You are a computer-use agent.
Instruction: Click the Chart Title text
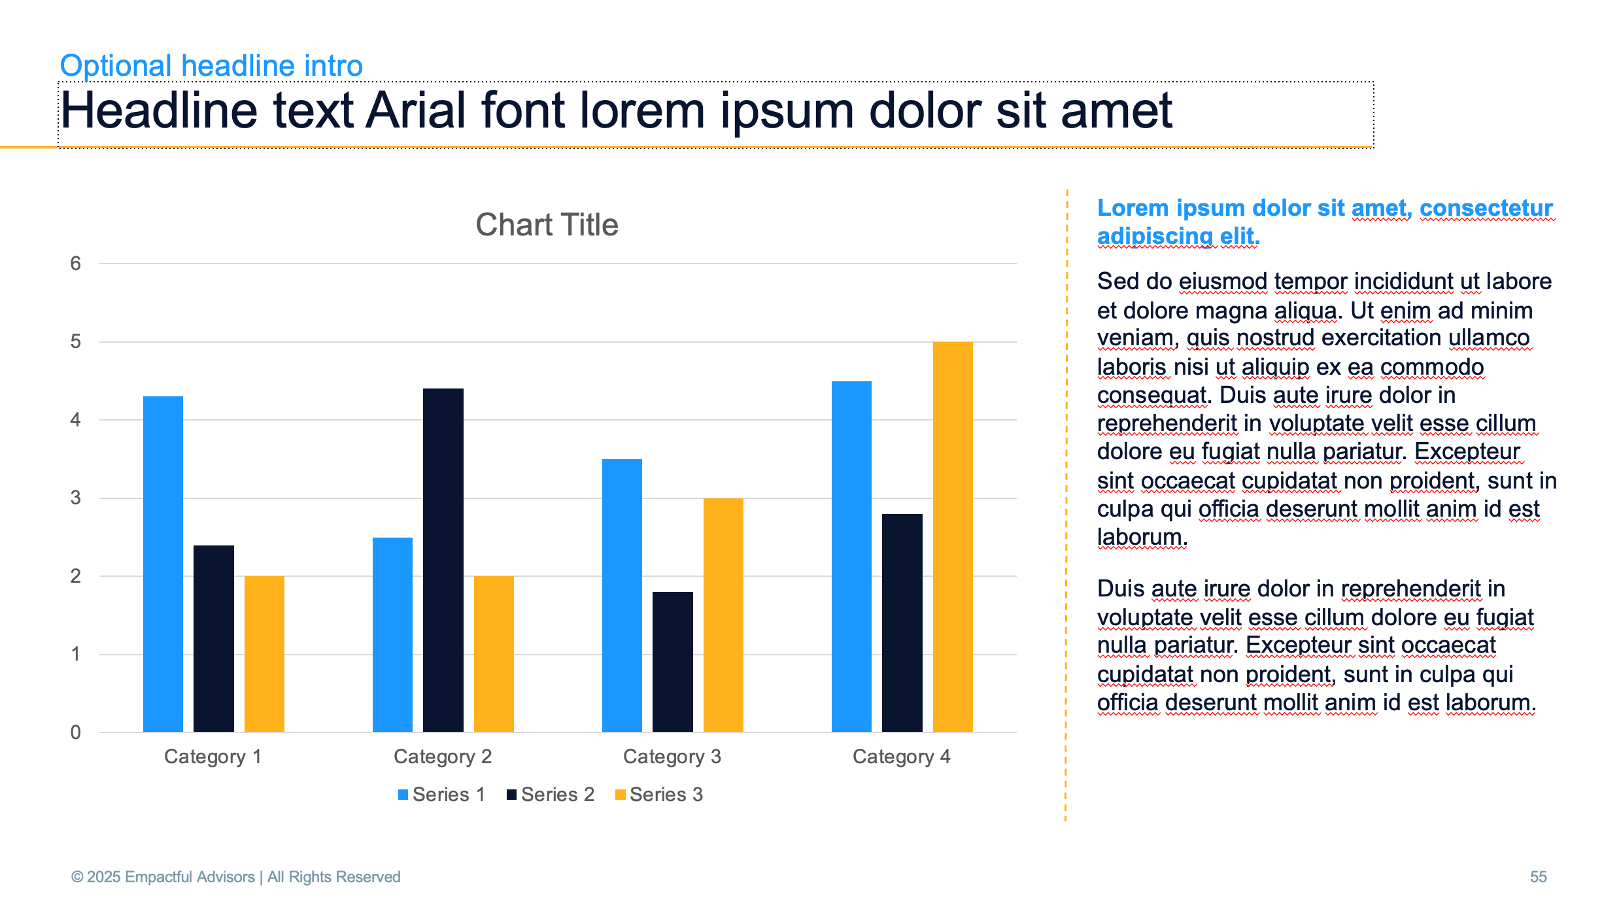click(547, 225)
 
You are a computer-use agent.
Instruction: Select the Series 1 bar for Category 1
click(163, 564)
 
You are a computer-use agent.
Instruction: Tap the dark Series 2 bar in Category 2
click(443, 560)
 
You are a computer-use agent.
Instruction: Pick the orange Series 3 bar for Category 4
click(953, 537)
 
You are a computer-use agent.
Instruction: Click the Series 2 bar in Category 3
click(673, 662)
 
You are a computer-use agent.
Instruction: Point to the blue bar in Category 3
click(622, 595)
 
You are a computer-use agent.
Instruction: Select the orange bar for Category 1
click(264, 654)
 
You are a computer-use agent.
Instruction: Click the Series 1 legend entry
click(442, 795)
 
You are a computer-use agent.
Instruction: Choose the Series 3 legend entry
click(659, 795)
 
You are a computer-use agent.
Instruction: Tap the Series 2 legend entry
click(551, 795)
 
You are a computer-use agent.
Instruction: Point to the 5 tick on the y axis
click(76, 341)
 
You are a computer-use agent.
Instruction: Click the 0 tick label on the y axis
click(76, 732)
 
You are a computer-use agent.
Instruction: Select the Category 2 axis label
click(443, 757)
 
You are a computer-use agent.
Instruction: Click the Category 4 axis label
click(902, 757)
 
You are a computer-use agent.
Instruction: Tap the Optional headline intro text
click(211, 65)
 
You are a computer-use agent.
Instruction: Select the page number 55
click(1539, 877)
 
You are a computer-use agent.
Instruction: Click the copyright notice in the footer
click(235, 877)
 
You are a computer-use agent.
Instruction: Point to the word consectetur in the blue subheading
click(1486, 208)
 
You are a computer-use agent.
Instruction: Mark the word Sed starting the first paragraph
click(1117, 281)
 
